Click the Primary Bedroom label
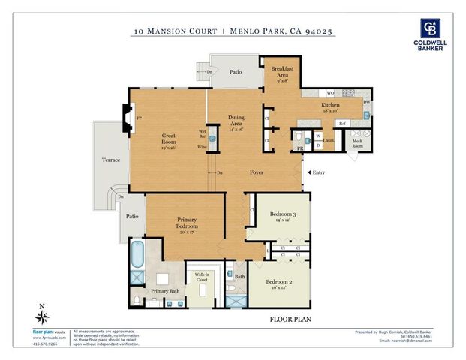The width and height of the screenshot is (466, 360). pos(187,226)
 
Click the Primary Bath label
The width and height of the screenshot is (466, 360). pos(164,290)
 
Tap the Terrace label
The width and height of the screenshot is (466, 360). pos(111,160)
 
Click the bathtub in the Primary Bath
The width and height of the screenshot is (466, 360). pos(138,255)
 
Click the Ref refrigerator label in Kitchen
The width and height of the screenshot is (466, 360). pos(342,123)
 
